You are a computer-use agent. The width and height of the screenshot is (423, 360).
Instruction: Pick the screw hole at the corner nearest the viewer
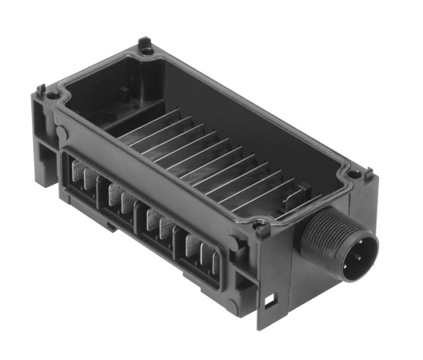pos(261,230)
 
